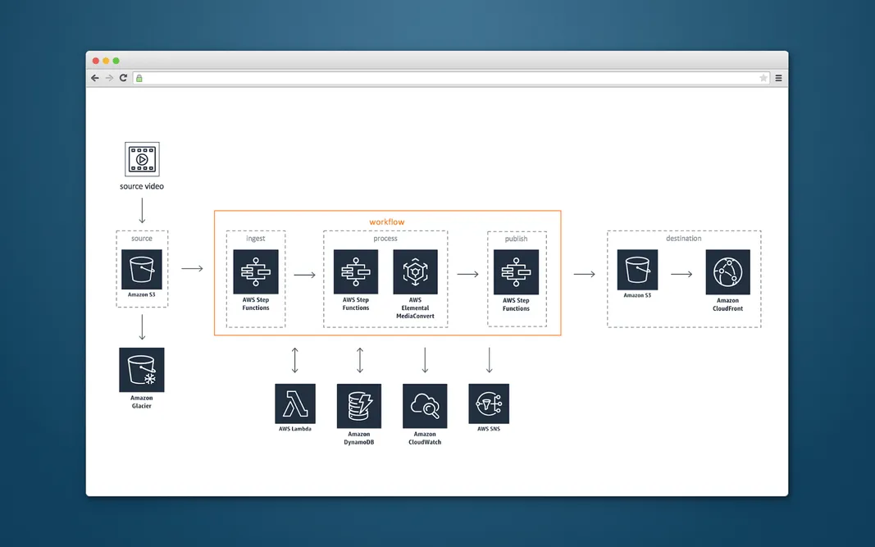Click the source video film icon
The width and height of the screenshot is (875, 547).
(142, 159)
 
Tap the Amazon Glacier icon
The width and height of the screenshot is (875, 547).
(142, 370)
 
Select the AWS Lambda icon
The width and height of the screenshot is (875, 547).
(295, 403)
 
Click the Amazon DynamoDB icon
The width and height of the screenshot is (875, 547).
(359, 406)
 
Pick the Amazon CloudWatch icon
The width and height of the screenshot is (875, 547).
(425, 406)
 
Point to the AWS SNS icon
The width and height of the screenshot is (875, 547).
(489, 403)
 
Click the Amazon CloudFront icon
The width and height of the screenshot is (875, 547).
(727, 272)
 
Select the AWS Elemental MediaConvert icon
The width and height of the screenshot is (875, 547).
(415, 272)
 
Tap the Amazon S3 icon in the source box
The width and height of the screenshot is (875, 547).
(142, 269)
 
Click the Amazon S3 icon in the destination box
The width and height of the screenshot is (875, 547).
(637, 270)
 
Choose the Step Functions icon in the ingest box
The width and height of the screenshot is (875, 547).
(256, 272)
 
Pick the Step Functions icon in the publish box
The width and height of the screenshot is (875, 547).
(516, 272)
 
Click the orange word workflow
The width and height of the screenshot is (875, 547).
(386, 222)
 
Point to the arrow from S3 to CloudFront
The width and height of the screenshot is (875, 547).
(681, 274)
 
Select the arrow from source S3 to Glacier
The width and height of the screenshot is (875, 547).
(142, 327)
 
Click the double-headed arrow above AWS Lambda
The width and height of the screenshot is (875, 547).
(295, 360)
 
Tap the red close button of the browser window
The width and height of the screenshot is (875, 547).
(96, 61)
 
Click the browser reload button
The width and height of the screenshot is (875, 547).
(123, 78)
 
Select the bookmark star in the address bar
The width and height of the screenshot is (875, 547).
(763, 78)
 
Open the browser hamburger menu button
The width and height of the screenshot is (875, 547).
(778, 78)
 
